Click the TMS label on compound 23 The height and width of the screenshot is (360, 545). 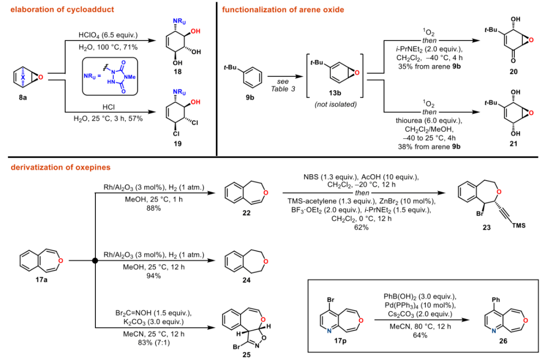pos(518,225)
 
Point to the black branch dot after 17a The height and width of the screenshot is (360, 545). pos(94,261)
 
